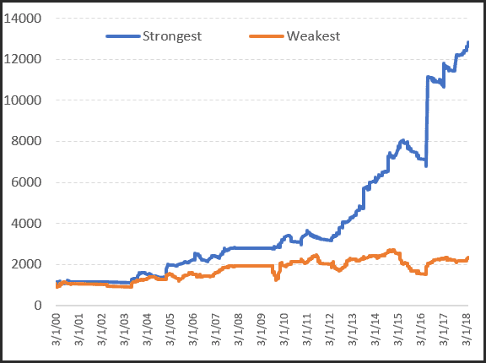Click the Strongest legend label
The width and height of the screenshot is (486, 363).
click(x=173, y=36)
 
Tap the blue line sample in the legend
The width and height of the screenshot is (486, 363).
click(x=122, y=36)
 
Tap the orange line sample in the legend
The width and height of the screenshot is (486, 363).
click(x=267, y=36)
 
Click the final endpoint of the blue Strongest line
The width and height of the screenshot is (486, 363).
click(x=468, y=42)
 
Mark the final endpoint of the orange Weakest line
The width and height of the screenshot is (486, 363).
click(x=468, y=257)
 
